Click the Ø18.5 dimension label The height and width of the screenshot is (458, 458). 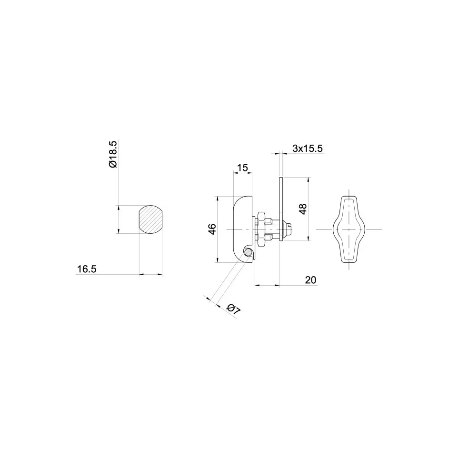pyautogui.click(x=113, y=154)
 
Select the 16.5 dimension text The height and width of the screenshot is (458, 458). pyautogui.click(x=87, y=269)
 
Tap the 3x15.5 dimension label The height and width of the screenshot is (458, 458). pyautogui.click(x=308, y=149)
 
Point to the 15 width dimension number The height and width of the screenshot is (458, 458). pyautogui.click(x=242, y=168)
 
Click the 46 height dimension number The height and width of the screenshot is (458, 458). pyautogui.click(x=212, y=229)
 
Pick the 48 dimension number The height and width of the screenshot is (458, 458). pyautogui.click(x=303, y=209)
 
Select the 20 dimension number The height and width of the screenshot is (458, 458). pyautogui.click(x=310, y=280)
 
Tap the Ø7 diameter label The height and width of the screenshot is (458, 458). pyautogui.click(x=234, y=309)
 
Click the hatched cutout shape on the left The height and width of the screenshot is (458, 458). pyautogui.click(x=150, y=219)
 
